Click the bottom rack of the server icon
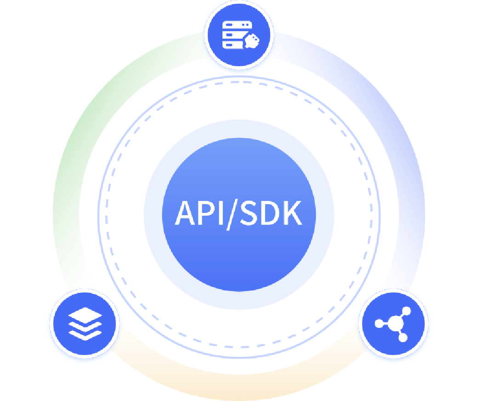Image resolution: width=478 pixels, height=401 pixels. [x=231, y=45]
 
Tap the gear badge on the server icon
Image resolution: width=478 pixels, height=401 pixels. [x=252, y=41]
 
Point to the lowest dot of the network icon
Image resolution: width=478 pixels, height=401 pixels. [x=403, y=338]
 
